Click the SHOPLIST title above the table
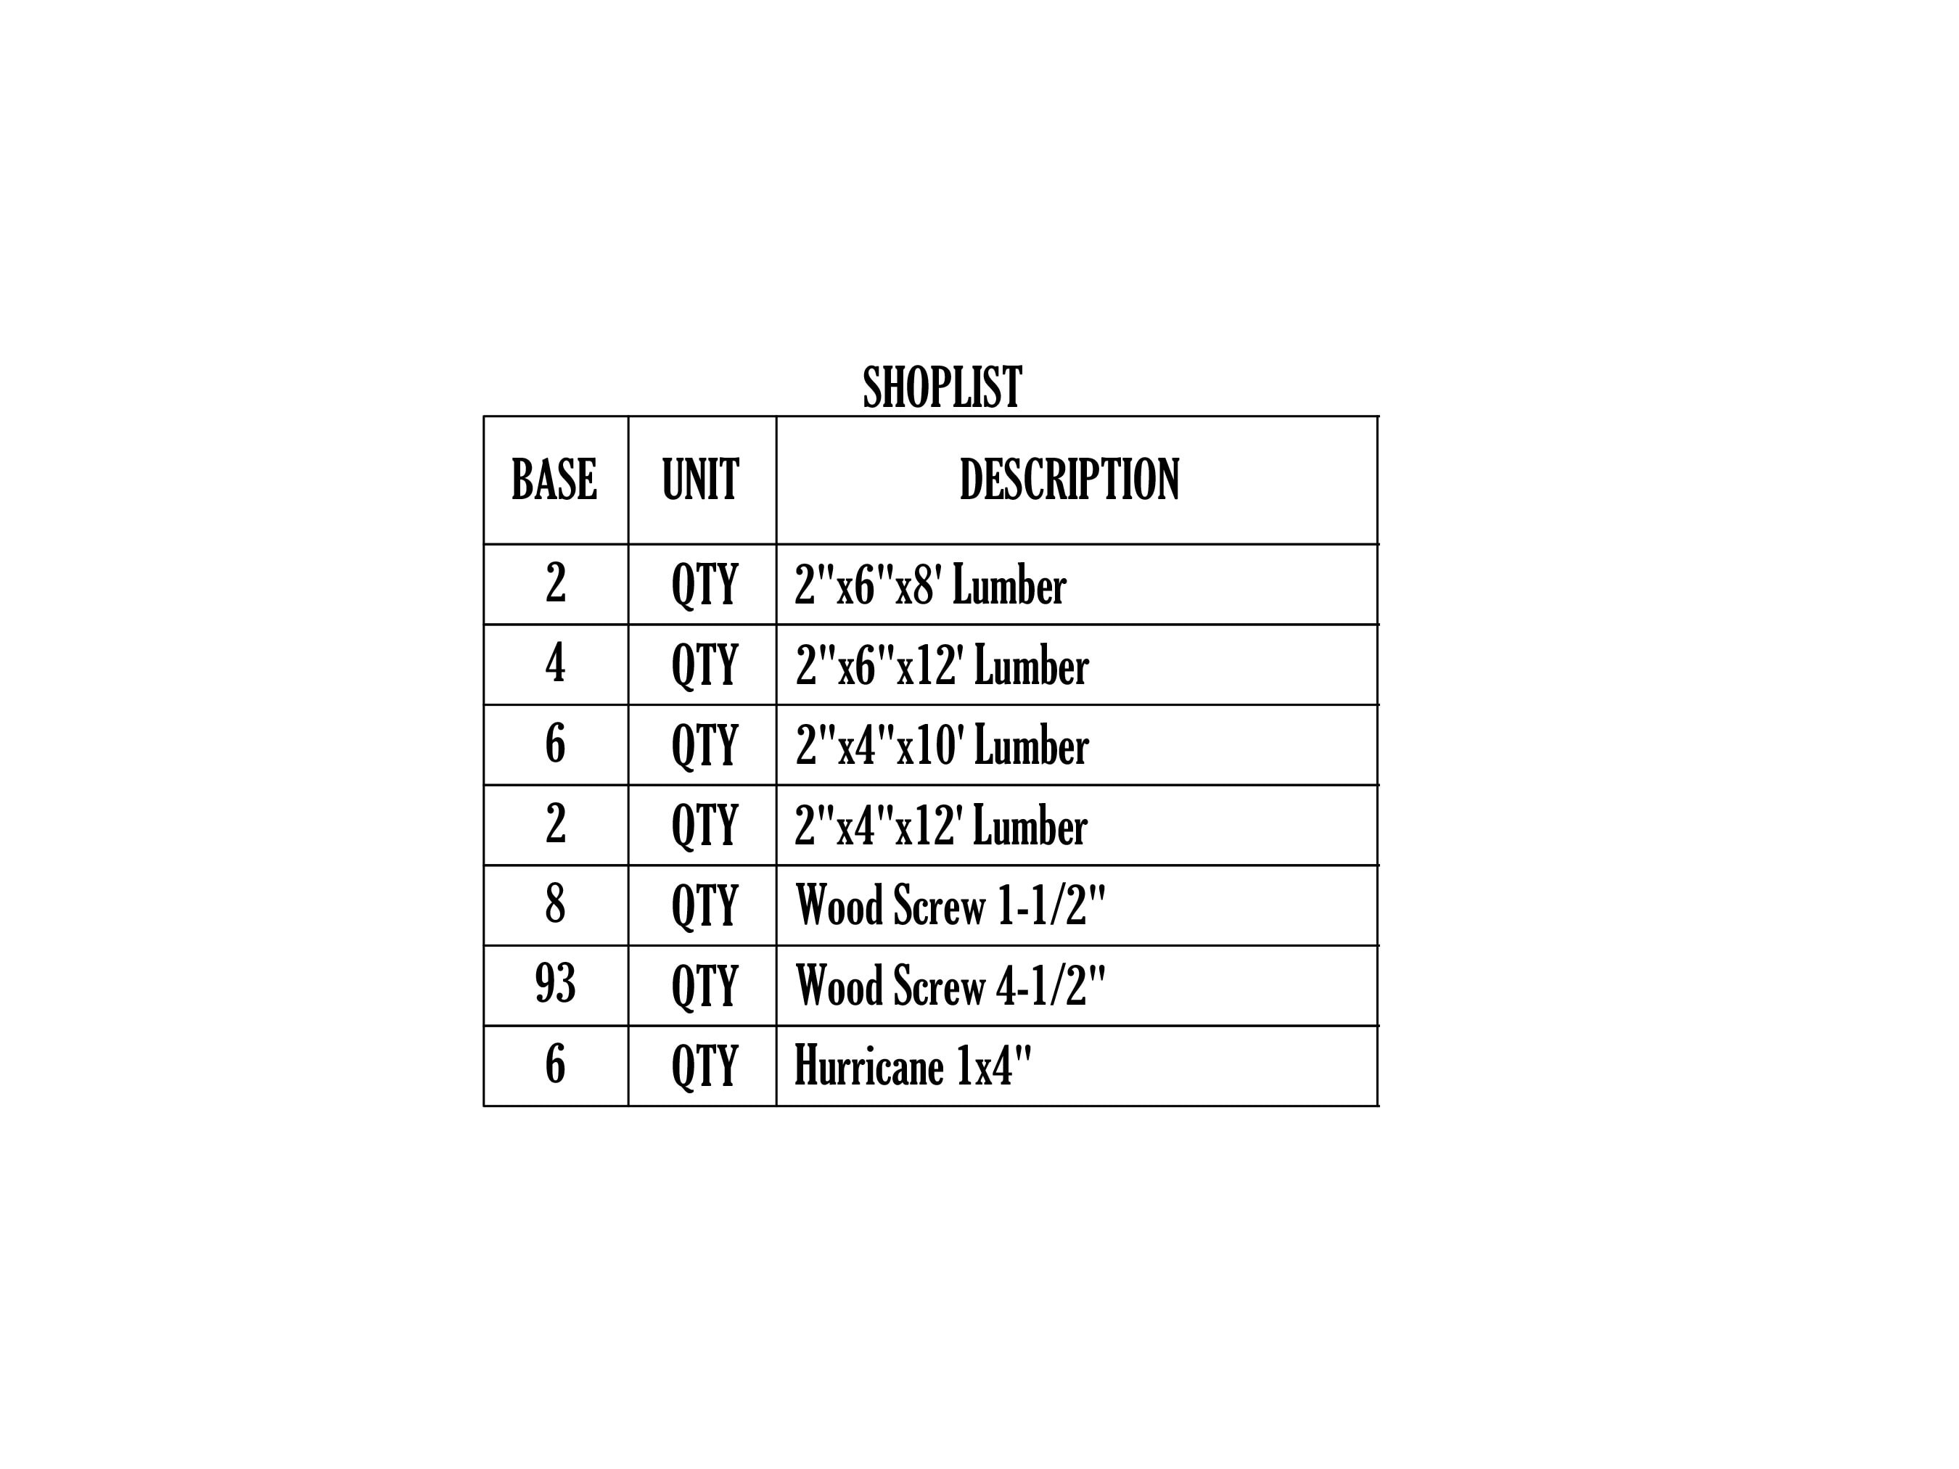pos(942,387)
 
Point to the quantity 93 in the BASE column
pos(555,983)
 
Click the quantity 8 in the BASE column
pos(555,903)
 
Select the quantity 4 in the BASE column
pos(555,662)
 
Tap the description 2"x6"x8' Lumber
pos(931,585)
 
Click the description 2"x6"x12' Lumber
pos(942,665)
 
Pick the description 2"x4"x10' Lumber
pos(942,745)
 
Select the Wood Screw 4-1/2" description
pos(951,986)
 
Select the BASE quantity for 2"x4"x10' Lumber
pos(555,742)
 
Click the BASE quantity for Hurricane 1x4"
pos(555,1063)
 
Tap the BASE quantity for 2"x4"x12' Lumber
pos(555,823)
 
